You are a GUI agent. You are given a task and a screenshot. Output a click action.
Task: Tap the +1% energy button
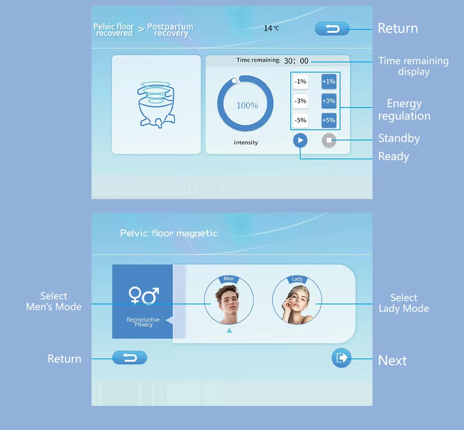point(329,81)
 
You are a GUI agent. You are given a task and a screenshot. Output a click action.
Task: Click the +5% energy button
point(329,120)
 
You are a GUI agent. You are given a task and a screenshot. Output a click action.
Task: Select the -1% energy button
point(300,81)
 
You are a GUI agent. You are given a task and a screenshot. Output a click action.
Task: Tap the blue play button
point(300,140)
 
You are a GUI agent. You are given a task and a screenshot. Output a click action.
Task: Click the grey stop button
point(329,140)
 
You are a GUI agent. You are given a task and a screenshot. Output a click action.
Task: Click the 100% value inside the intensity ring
point(247,105)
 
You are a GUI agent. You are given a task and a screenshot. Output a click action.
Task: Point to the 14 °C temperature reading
point(272,28)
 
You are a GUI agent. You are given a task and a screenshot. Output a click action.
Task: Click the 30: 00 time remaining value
point(296,61)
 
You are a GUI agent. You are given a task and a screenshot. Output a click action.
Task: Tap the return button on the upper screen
point(332,29)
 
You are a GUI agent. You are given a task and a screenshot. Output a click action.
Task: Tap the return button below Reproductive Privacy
point(130,358)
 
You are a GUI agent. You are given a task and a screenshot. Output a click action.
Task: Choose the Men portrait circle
point(229,300)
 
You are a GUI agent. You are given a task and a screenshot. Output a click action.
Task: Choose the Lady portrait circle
point(297,300)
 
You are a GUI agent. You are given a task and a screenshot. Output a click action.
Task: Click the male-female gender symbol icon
point(143,295)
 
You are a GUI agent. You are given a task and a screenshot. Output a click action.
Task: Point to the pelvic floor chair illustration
point(156,105)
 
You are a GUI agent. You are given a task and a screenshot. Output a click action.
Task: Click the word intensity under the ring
point(246,142)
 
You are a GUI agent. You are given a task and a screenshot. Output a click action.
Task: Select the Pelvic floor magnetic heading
point(169,233)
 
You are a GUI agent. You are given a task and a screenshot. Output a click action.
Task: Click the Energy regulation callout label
point(404,110)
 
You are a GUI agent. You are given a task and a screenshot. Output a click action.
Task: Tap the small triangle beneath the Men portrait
point(229,331)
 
